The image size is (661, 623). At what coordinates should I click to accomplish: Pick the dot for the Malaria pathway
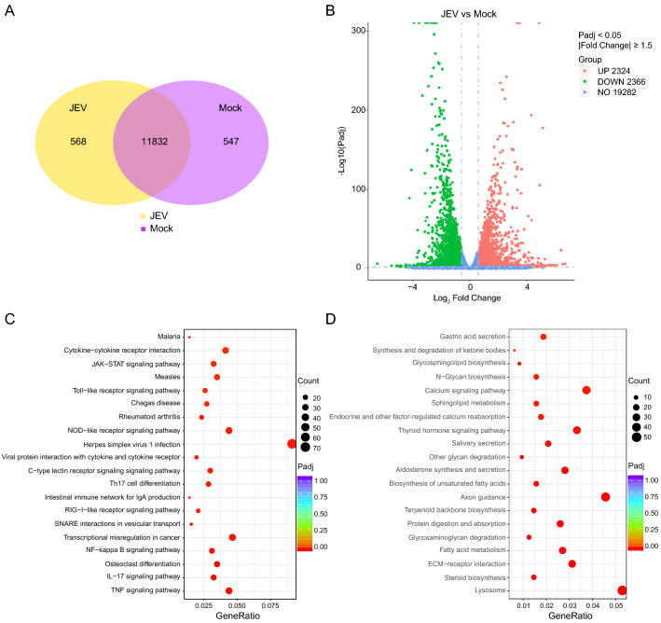189,338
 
